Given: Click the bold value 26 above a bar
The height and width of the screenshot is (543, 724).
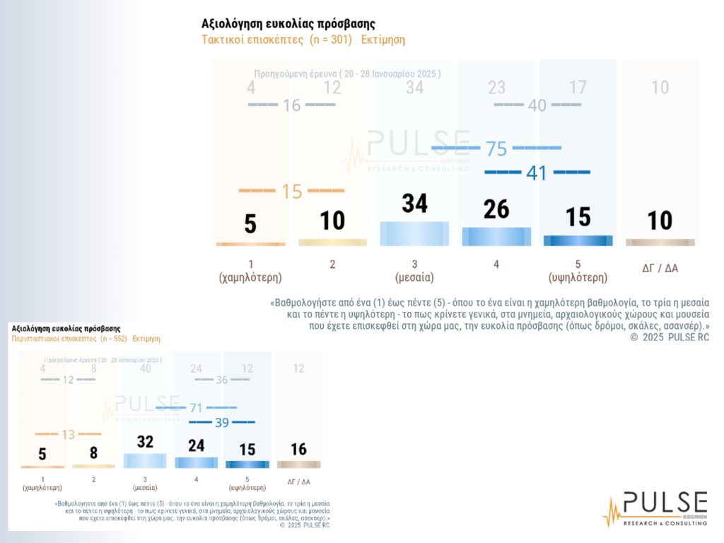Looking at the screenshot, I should click(497, 209).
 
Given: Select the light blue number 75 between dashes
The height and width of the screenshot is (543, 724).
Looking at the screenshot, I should click(496, 148).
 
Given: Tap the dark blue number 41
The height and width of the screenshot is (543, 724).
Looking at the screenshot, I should click(537, 173).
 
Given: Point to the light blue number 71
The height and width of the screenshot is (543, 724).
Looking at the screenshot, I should click(196, 408).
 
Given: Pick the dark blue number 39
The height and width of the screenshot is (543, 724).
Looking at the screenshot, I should click(222, 422).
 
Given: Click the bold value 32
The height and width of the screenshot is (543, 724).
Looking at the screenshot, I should click(145, 441).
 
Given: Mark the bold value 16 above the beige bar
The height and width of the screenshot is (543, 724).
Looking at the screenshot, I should click(298, 450).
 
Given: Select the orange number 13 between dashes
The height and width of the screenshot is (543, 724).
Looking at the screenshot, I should click(68, 434).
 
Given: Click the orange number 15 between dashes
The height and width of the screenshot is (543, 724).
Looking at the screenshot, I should click(291, 191).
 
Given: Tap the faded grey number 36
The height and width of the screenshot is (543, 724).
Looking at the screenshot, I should click(221, 380).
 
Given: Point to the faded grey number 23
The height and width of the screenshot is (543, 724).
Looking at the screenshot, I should click(496, 88).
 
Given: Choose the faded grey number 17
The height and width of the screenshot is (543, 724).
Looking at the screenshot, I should click(578, 88).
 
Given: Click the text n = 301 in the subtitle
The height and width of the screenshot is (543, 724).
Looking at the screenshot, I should click(331, 40).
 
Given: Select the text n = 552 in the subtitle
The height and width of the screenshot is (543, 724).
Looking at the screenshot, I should click(108, 339).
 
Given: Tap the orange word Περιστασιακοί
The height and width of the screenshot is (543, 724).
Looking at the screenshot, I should click(31, 339).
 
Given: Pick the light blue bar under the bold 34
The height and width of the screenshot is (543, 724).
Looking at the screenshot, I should click(414, 233).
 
